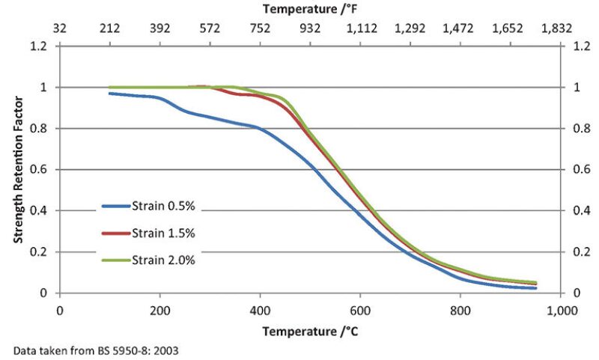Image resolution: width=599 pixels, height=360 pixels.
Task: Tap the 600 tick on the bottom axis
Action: click(x=360, y=309)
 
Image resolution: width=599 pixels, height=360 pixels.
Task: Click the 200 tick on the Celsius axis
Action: click(x=159, y=309)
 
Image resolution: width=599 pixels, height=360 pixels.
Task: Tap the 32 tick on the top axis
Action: click(x=60, y=29)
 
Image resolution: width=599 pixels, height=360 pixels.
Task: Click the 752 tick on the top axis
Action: click(x=260, y=29)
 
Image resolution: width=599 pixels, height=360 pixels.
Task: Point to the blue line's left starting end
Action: click(x=110, y=93)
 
